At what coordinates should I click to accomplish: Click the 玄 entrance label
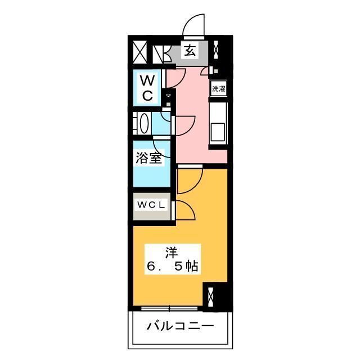coord(191,51)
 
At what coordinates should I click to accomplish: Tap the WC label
coord(147,87)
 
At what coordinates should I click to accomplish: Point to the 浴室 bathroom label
coord(148,158)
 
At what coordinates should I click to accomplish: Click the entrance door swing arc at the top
coord(193,25)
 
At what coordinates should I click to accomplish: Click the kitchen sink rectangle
coord(217,134)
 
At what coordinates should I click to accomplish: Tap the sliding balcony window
coord(169,308)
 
